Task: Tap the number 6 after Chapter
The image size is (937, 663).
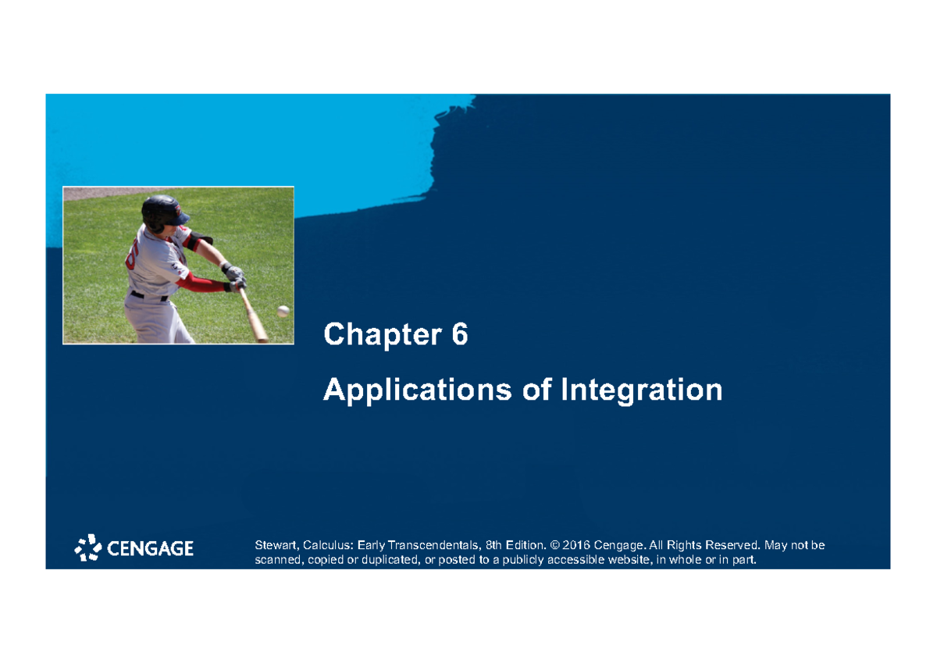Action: [x=459, y=335]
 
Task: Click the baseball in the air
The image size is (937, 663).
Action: [x=283, y=311]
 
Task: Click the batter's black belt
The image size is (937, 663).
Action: [x=148, y=296]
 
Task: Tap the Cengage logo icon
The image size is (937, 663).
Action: [x=88, y=548]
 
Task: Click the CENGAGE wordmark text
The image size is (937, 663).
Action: [x=150, y=549]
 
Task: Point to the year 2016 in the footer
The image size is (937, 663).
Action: [x=575, y=544]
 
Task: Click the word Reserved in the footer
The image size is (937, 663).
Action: [x=730, y=544]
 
